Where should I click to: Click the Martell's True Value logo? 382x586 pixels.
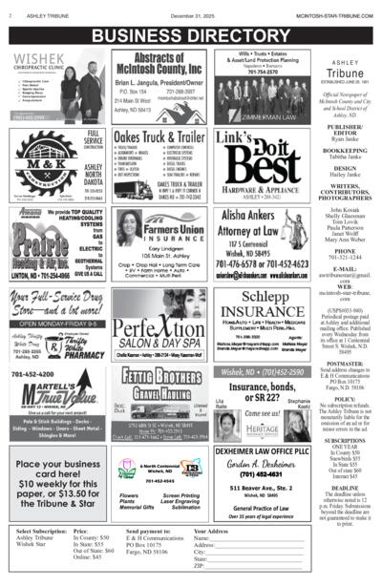(x=53, y=393)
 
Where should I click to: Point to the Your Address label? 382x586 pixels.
(x=214, y=531)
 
